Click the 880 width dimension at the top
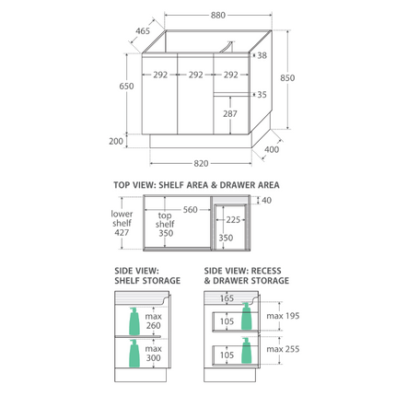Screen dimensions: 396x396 point(218,15)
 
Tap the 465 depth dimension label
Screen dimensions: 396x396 point(143,31)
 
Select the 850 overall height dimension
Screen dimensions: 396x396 point(287,78)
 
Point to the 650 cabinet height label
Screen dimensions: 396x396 point(126,86)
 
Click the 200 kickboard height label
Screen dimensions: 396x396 point(116,141)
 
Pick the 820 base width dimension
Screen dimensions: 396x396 point(201,164)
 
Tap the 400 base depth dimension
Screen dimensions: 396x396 point(272,149)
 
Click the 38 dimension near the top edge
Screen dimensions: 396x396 point(262,55)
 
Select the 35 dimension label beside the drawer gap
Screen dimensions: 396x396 point(262,95)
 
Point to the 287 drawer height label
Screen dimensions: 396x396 point(230,114)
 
